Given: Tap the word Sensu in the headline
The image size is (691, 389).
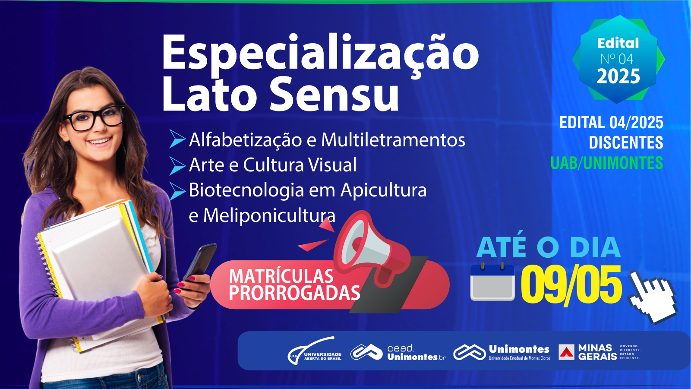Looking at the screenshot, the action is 334,93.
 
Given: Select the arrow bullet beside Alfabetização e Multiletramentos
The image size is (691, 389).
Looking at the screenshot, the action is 177,139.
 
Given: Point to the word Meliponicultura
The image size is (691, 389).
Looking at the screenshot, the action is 269,215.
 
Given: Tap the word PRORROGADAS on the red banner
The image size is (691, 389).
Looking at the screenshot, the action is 294,292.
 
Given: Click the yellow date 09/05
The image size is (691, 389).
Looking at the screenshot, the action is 571,286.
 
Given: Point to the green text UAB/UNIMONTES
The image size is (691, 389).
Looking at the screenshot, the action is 607,163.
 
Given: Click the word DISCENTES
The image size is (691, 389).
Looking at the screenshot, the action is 626,142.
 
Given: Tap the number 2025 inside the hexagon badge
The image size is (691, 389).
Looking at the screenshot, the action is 618,76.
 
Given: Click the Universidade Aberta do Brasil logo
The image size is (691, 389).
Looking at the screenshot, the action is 315,351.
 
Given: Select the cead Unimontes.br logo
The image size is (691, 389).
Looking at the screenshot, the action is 398,352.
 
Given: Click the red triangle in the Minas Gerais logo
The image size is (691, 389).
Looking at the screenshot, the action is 566,352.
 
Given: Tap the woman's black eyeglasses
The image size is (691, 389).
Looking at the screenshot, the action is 94,118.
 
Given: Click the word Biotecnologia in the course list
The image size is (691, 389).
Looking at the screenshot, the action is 246,190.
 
